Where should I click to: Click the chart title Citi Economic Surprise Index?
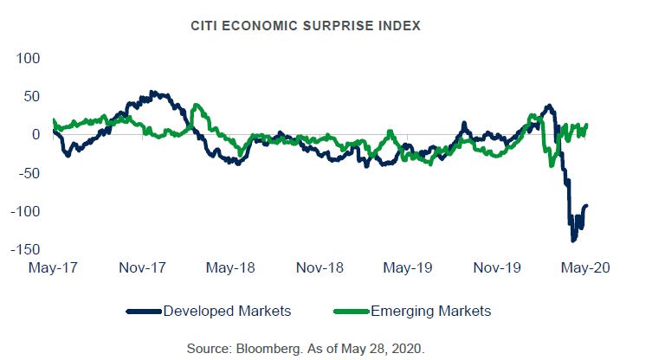[306, 26]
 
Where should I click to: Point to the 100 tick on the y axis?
[29, 58]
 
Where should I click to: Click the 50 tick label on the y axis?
[33, 96]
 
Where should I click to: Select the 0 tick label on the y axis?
[37, 134]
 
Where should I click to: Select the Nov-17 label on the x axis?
[142, 267]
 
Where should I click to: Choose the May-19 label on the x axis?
[410, 267]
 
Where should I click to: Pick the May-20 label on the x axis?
[588, 267]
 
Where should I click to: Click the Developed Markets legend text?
[227, 311]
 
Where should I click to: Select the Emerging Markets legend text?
[431, 311]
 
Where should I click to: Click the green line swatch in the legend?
[351, 311]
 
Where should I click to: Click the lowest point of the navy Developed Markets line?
[573, 240]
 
